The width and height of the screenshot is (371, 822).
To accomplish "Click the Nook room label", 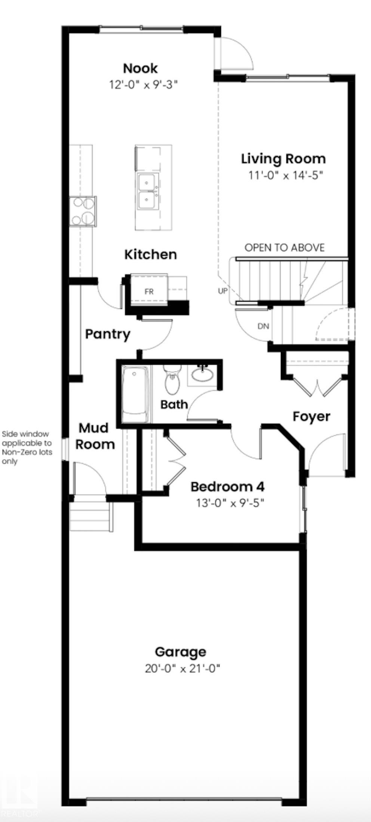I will click(141, 68).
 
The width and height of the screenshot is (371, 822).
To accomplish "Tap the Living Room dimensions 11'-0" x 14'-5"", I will click(285, 175).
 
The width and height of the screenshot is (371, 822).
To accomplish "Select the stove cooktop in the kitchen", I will click(83, 211).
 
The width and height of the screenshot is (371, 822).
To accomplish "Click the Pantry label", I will click(108, 334).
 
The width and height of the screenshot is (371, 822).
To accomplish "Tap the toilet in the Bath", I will click(172, 380).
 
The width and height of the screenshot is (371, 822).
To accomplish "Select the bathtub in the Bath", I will click(135, 394).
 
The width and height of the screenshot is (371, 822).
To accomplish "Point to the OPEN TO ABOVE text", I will click(284, 248).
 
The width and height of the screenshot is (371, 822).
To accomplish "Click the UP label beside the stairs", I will click(223, 291).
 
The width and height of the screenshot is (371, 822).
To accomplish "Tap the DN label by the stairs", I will click(263, 326).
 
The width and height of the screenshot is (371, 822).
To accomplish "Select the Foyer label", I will click(311, 416).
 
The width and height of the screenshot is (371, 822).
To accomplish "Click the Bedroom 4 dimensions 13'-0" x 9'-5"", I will click(230, 503).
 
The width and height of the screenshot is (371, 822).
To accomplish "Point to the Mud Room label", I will click(95, 436).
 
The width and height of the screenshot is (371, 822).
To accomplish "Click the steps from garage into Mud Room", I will click(91, 517).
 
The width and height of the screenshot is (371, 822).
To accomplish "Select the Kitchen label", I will click(150, 254).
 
